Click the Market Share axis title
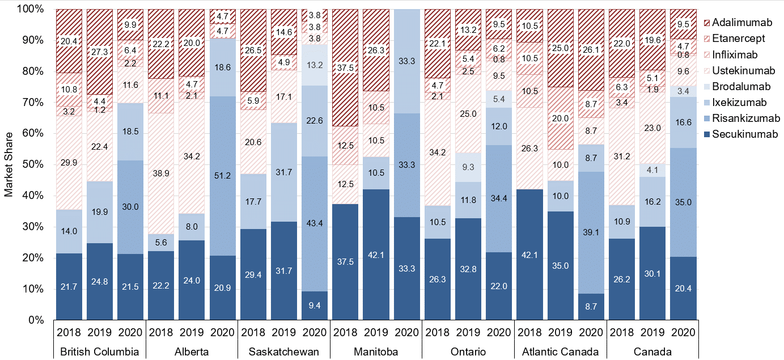click(9, 164)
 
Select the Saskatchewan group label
click(284, 351)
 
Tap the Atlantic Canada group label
click(561, 351)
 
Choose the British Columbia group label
click(100, 351)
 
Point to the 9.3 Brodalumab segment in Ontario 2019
click(468, 167)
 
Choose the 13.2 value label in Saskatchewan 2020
click(315, 65)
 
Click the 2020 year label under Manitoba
click(407, 332)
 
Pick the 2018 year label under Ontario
click(438, 332)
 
